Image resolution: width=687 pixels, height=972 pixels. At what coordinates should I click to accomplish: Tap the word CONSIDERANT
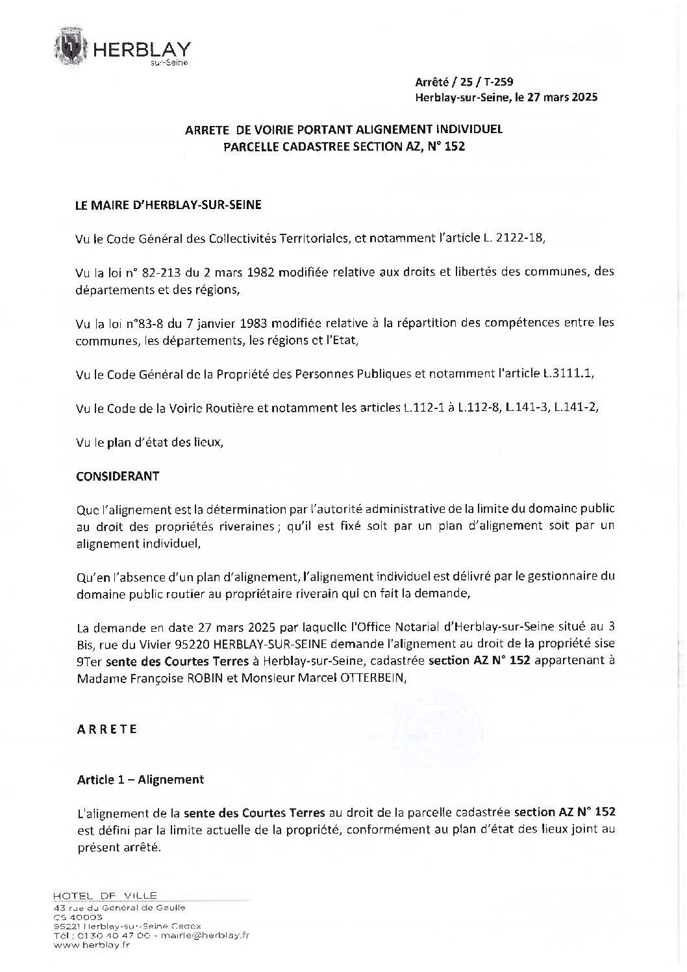click(118, 476)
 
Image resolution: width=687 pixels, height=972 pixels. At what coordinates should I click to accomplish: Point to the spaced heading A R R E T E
click(107, 729)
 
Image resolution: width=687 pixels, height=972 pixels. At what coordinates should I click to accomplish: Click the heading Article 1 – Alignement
click(140, 780)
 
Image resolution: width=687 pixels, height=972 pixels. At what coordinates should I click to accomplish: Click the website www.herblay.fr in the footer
click(85, 945)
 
